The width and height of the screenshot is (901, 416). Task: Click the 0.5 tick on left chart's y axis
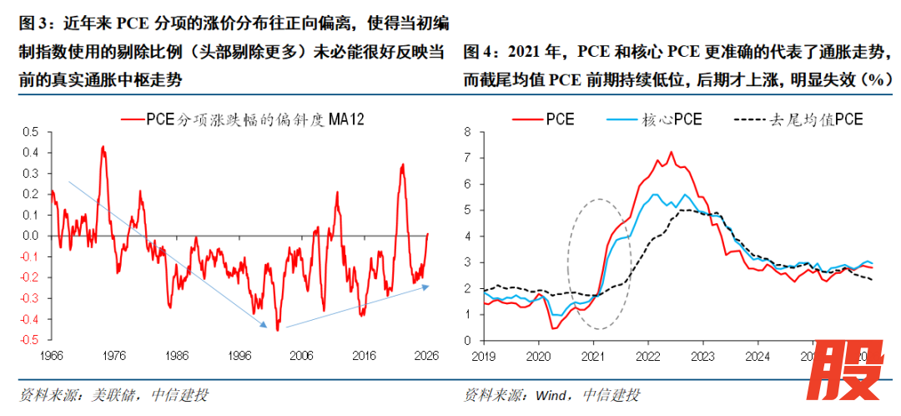pyautogui.click(x=30, y=132)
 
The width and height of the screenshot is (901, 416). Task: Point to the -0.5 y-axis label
pyautogui.click(x=28, y=340)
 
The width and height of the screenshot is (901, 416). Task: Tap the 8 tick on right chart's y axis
pyautogui.click(x=468, y=132)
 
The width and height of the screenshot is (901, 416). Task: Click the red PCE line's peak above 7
pyautogui.click(x=671, y=152)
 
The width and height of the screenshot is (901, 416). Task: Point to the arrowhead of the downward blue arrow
pyautogui.click(x=266, y=326)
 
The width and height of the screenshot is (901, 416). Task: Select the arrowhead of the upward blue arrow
pyautogui.click(x=428, y=287)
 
